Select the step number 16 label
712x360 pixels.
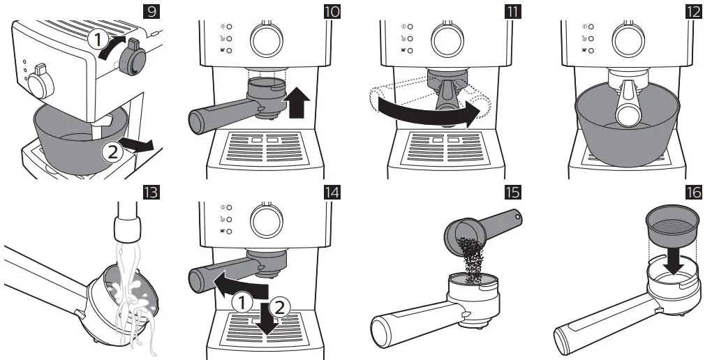click(694, 193)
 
